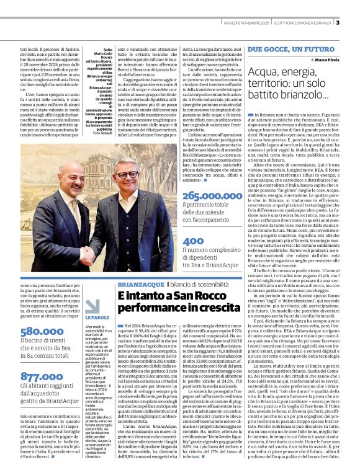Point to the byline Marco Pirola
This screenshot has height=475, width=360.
click(329, 60)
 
